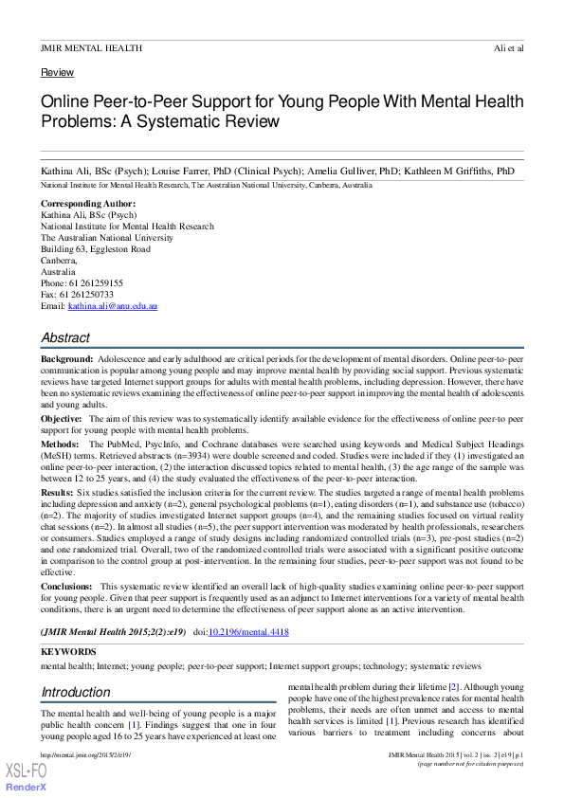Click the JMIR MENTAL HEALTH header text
tap(91, 47)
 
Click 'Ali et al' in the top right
tap(508, 47)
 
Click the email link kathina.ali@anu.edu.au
tap(112, 306)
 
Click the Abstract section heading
tap(65, 337)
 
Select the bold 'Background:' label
tap(66, 361)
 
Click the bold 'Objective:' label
tap(61, 418)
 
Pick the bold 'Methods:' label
tap(60, 444)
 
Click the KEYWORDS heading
tap(68, 652)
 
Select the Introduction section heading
tap(75, 692)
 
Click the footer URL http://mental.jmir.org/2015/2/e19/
tap(85, 754)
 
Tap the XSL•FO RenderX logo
tap(27, 779)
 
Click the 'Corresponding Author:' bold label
tap(88, 204)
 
